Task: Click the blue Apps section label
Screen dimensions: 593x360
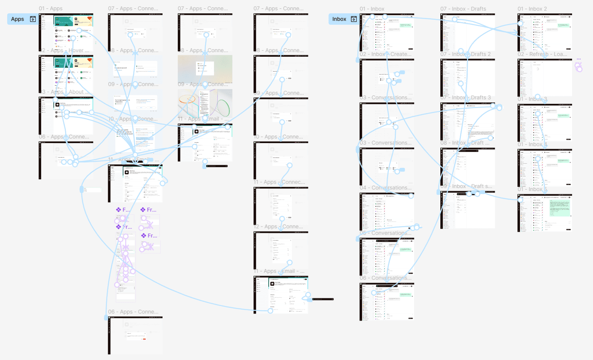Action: click(18, 19)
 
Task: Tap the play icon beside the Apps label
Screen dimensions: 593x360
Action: click(33, 19)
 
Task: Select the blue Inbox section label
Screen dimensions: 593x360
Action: click(339, 19)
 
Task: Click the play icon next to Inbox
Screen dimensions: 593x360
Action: click(354, 19)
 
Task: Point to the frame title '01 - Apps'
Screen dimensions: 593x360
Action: click(51, 8)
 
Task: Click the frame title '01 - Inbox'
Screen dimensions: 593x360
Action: click(372, 9)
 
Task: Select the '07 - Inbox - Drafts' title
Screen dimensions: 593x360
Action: click(463, 9)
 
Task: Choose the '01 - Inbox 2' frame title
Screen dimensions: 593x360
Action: click(532, 9)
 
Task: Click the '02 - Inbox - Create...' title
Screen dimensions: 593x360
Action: click(386, 54)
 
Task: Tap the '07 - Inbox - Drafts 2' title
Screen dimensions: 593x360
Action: click(465, 54)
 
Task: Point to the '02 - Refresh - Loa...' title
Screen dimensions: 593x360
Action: click(542, 54)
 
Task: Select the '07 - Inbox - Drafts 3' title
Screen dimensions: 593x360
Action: click(465, 97)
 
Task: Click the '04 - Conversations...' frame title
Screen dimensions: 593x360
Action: click(386, 188)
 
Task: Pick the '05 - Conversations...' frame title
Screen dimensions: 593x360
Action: click(386, 233)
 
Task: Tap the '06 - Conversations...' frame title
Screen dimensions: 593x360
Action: click(386, 278)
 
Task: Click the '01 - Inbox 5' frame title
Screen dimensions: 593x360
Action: click(532, 189)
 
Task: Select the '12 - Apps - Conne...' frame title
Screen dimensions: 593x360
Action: click(278, 226)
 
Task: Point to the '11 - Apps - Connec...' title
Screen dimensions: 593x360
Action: click(279, 182)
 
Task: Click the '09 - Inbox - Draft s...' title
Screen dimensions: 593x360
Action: click(466, 186)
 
